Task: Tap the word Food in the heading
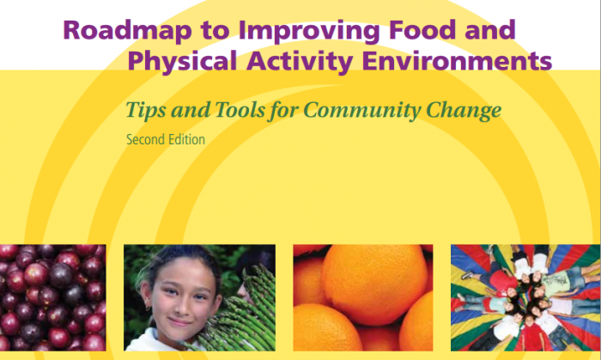click(422, 29)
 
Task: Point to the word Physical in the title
click(182, 61)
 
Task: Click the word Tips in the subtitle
click(146, 111)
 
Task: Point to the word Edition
click(188, 139)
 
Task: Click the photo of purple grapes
click(53, 298)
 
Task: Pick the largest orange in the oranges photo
click(373, 284)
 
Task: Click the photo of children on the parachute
click(525, 298)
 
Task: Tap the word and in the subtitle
click(191, 110)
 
